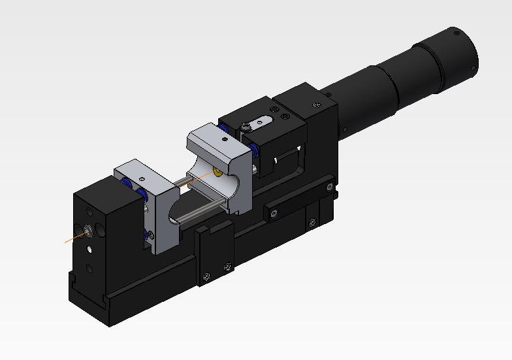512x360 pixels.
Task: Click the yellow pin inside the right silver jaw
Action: [216, 173]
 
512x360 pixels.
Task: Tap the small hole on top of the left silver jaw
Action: [141, 178]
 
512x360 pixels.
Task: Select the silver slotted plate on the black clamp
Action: [258, 122]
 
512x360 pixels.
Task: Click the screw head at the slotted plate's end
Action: [244, 126]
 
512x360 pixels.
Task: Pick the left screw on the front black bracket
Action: [207, 275]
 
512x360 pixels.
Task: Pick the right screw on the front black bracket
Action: [227, 266]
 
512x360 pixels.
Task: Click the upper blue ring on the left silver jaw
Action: [140, 195]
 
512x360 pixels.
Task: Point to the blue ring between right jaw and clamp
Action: [257, 152]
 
